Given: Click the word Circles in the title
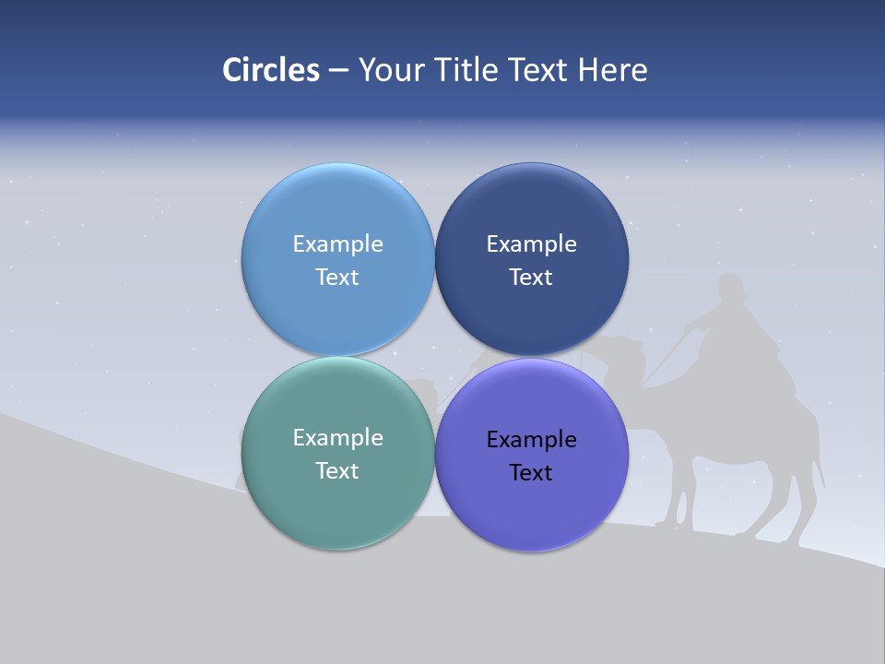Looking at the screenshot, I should tap(270, 70).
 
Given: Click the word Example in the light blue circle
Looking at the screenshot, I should tap(337, 244).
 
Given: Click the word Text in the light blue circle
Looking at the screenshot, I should tap(337, 278).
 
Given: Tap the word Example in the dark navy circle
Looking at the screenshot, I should tap(532, 244).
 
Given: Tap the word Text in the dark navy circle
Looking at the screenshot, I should tap(532, 278).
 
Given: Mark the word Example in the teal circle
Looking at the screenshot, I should tap(337, 438).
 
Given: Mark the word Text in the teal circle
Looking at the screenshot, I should tap(337, 471).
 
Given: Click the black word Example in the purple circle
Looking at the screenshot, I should tap(532, 440).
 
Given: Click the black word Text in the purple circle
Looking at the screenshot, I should tap(532, 473).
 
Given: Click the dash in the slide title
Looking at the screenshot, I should tap(337, 70).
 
